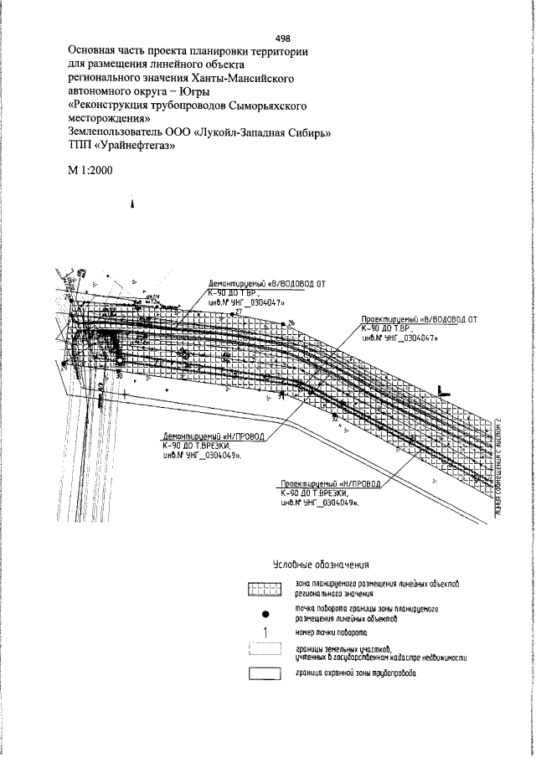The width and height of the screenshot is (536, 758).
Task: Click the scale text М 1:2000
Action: (x=90, y=171)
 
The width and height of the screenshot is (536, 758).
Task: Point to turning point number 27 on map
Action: (x=238, y=314)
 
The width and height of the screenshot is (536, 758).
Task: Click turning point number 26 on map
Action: (x=291, y=322)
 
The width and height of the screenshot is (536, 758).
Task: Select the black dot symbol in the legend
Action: (x=264, y=613)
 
